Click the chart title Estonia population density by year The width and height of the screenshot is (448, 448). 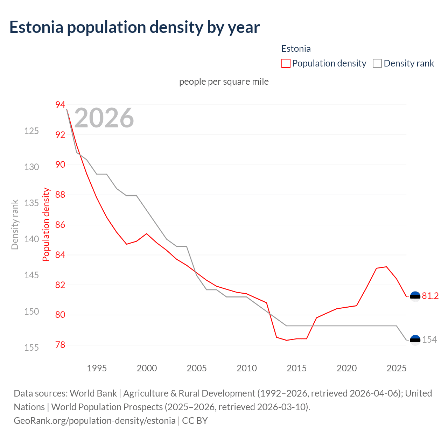[134, 27]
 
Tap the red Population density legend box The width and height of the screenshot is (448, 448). [286, 63]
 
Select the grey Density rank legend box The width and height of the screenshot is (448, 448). [377, 63]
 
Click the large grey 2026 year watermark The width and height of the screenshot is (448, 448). [104, 118]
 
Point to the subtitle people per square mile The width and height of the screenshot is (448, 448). [224, 82]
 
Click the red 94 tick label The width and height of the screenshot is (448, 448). [60, 105]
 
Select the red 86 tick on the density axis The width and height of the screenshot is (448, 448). [60, 225]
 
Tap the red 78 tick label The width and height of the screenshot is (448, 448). [60, 345]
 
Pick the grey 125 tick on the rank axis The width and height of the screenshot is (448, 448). [31, 131]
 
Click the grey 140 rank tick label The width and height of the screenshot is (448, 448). [31, 239]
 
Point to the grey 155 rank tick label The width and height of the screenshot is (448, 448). [31, 348]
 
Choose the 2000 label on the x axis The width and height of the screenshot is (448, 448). [147, 368]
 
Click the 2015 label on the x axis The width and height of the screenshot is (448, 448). [296, 368]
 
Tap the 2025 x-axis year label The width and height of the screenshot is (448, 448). [397, 368]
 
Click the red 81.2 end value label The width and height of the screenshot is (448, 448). [430, 296]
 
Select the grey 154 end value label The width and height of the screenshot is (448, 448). [429, 339]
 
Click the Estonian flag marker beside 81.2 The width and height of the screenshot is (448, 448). [415, 296]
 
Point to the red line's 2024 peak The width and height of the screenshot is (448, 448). [386, 267]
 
